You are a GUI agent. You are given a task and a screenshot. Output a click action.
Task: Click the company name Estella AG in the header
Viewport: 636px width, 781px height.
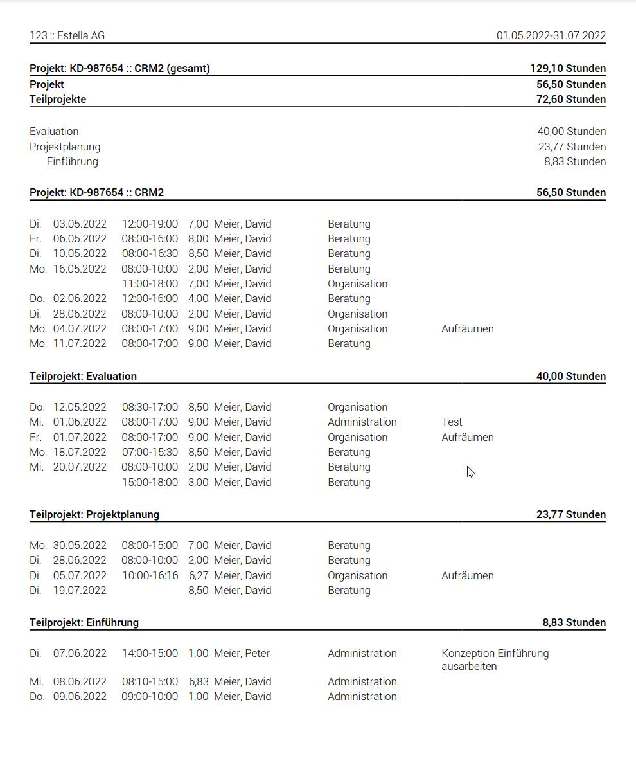coord(80,36)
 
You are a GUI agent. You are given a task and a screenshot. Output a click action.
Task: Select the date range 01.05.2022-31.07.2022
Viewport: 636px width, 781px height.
coord(551,36)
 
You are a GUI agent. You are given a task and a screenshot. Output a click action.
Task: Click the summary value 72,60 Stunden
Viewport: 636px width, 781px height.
coord(571,99)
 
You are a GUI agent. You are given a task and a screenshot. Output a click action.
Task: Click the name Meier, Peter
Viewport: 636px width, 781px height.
coord(242,653)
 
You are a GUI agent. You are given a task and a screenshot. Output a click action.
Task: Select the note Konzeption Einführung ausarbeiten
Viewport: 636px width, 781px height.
coord(495,660)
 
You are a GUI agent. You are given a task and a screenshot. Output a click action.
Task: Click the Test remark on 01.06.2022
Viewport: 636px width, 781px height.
coord(452,422)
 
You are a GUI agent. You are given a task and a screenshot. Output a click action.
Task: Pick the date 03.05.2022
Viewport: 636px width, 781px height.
coord(80,224)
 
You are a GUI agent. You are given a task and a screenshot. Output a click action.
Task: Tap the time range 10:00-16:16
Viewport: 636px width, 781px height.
coord(150,575)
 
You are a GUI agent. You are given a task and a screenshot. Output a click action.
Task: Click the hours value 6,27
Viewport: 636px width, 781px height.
coord(198,575)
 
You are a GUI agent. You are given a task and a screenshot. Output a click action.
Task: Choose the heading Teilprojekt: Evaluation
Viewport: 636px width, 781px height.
coord(83,376)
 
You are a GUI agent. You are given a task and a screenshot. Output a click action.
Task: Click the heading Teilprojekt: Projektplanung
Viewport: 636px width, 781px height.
coord(94,514)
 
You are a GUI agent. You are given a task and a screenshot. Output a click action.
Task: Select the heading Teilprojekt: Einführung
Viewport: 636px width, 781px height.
coord(84,622)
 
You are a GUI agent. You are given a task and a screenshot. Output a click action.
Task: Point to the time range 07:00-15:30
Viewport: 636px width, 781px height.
coord(150,452)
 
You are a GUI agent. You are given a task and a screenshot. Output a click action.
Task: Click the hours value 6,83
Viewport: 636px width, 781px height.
coord(198,681)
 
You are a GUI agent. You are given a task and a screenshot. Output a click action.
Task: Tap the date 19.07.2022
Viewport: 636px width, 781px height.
coord(80,590)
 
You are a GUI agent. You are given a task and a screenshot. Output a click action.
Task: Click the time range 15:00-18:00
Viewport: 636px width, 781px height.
coord(150,482)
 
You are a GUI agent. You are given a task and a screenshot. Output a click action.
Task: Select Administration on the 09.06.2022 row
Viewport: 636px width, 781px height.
coord(362,696)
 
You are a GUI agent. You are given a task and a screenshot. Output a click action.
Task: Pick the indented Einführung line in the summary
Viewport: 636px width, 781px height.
coord(73,161)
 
